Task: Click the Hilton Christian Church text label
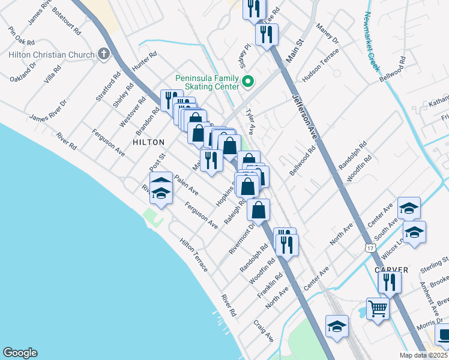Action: (51, 55)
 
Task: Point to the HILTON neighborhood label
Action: (148, 142)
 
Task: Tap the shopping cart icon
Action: (378, 308)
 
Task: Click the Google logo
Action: (20, 353)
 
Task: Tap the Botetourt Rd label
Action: (65, 20)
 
